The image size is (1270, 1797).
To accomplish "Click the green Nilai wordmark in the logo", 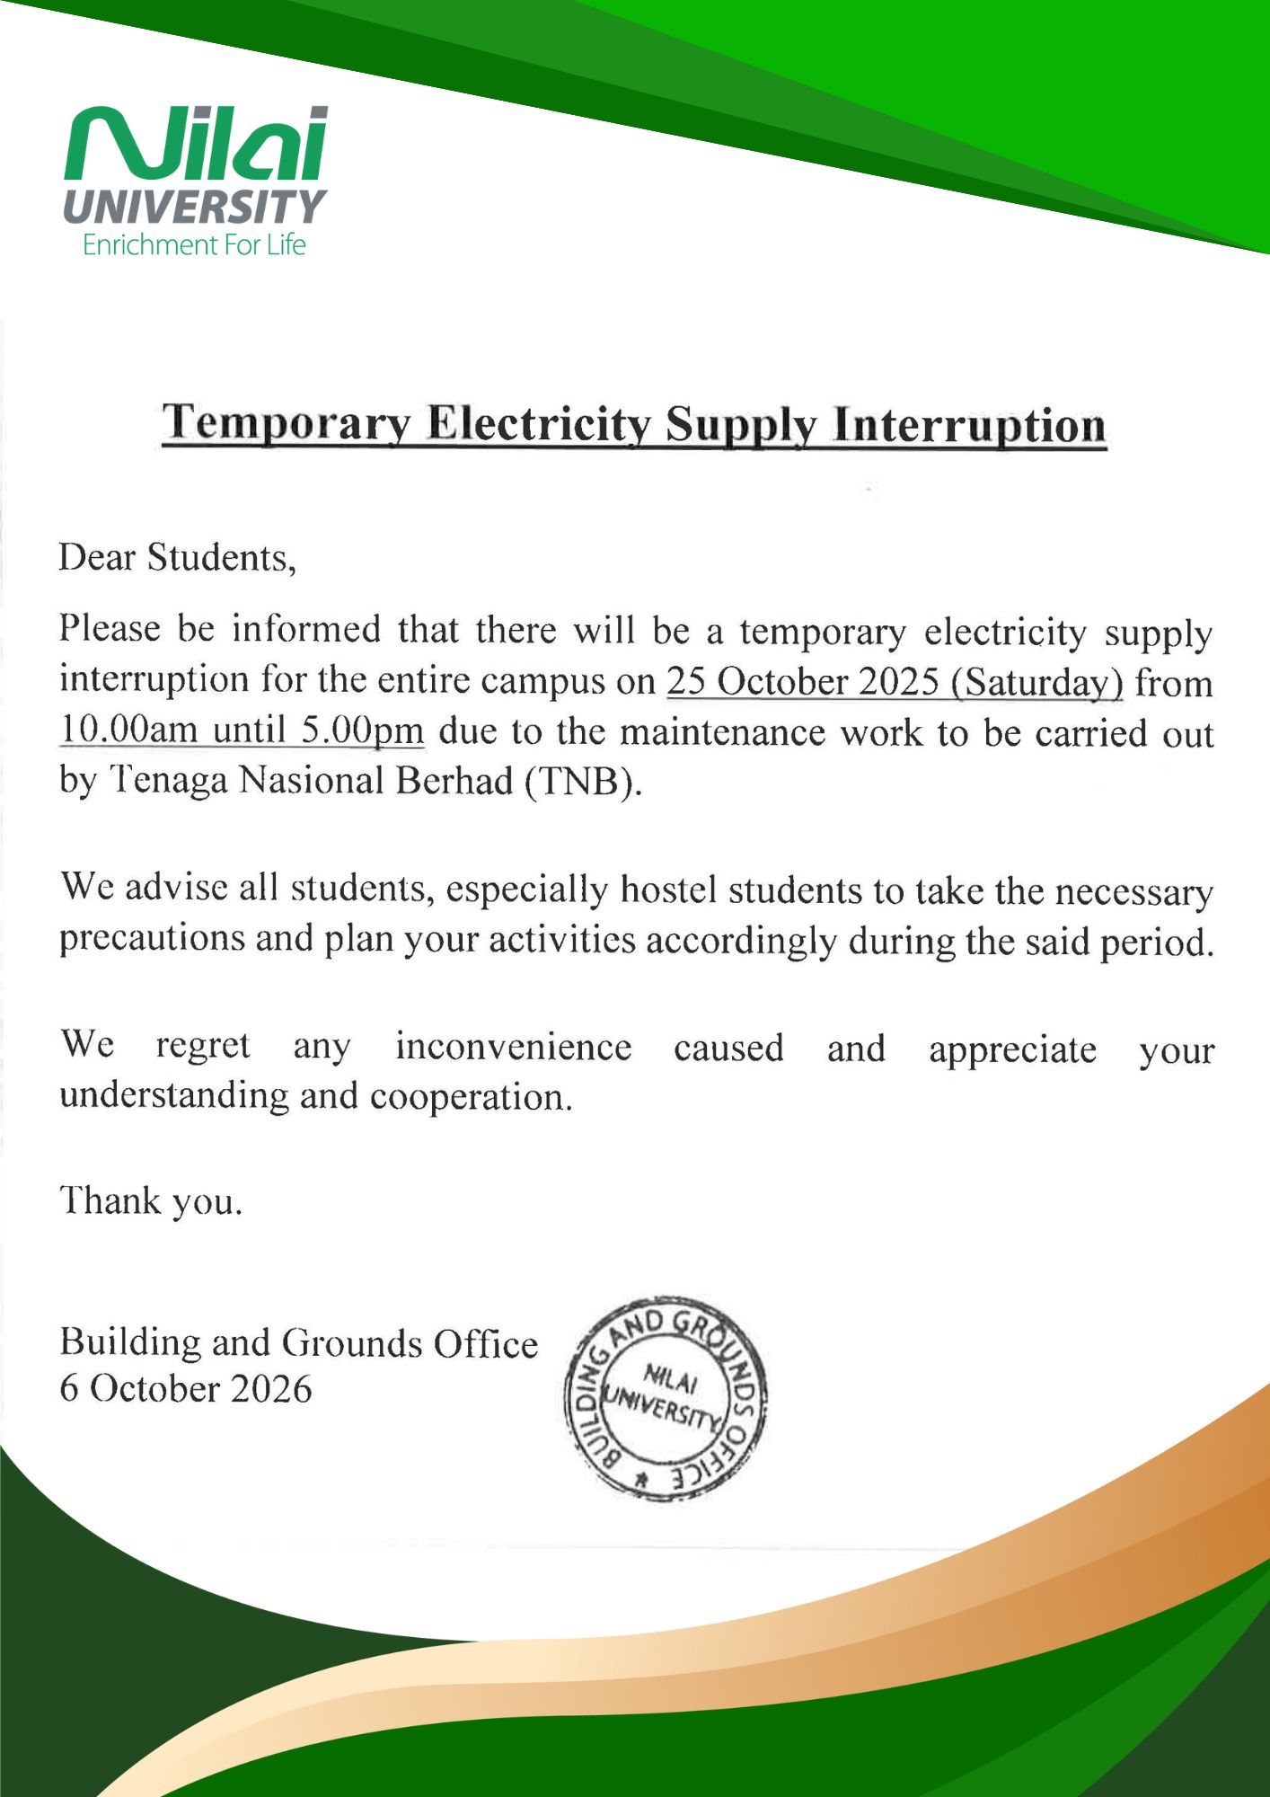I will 196,144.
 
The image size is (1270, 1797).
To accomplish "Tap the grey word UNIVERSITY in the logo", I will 194,207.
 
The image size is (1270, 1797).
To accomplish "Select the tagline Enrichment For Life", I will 194,244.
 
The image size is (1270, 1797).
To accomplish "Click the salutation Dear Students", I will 177,557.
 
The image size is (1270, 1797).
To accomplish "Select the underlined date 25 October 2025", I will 802,681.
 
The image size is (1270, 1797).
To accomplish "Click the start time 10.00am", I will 128,730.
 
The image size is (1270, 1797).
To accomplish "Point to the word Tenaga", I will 169,781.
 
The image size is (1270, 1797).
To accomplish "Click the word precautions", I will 152,938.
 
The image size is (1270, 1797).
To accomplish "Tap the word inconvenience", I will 513,1047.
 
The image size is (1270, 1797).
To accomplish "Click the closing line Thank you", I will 151,1200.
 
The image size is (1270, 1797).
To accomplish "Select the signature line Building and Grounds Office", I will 298,1342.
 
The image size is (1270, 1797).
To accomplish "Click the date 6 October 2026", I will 186,1389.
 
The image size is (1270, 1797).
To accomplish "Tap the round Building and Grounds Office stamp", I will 665,1398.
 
